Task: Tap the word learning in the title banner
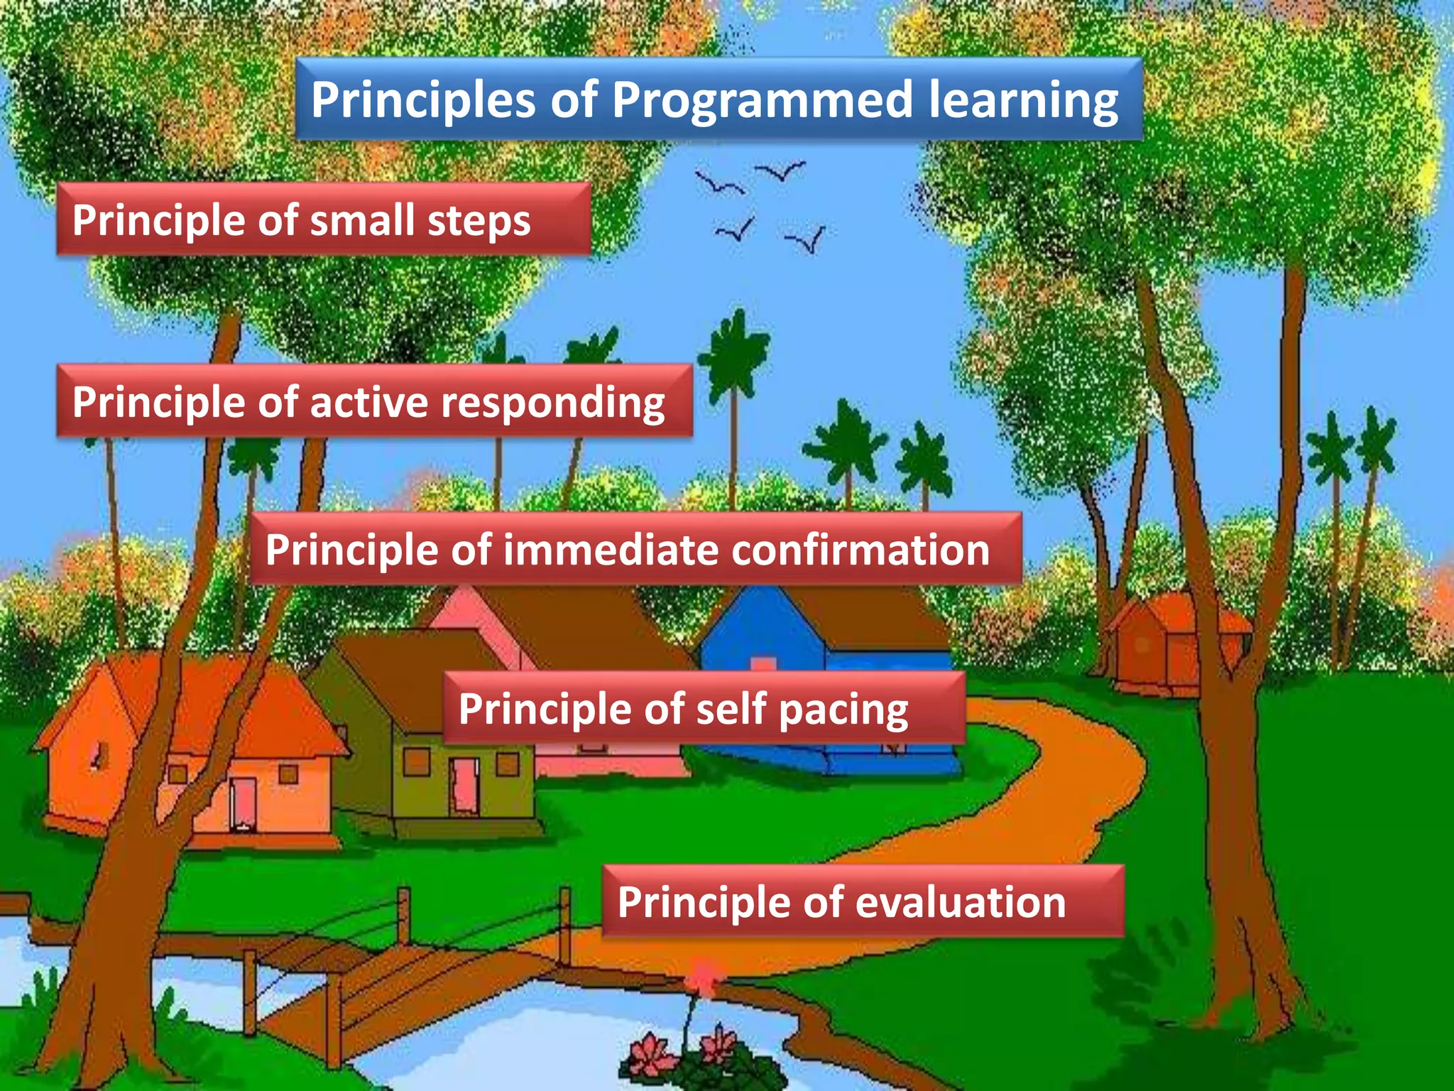coord(1023,100)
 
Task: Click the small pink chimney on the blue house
coord(763,664)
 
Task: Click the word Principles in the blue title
coord(423,100)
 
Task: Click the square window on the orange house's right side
coord(288,773)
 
